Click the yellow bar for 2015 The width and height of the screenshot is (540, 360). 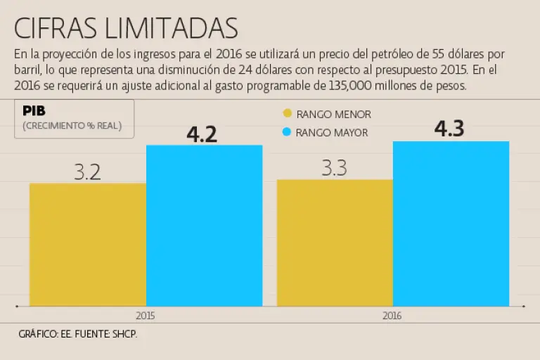click(87, 245)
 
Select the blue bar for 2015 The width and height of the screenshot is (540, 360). click(204, 226)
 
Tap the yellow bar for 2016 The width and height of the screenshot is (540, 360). click(335, 243)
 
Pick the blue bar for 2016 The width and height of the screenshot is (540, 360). click(451, 224)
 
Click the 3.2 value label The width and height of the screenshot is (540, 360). click(88, 172)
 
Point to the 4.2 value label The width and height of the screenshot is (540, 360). click(202, 134)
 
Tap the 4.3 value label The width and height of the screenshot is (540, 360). click(450, 129)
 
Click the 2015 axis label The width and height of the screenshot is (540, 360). click(145, 316)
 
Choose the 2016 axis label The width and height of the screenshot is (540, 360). click(392, 316)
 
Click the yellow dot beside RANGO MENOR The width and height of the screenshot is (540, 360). click(287, 114)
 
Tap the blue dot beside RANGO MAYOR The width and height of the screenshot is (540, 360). click(287, 131)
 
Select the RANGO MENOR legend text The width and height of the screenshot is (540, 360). click(333, 114)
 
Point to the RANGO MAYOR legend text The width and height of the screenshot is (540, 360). click(332, 132)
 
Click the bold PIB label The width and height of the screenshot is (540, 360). click(34, 110)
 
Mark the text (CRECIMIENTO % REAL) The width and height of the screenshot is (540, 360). click(72, 126)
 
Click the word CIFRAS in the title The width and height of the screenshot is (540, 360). click(58, 28)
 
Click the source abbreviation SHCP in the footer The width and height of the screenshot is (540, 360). click(124, 334)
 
